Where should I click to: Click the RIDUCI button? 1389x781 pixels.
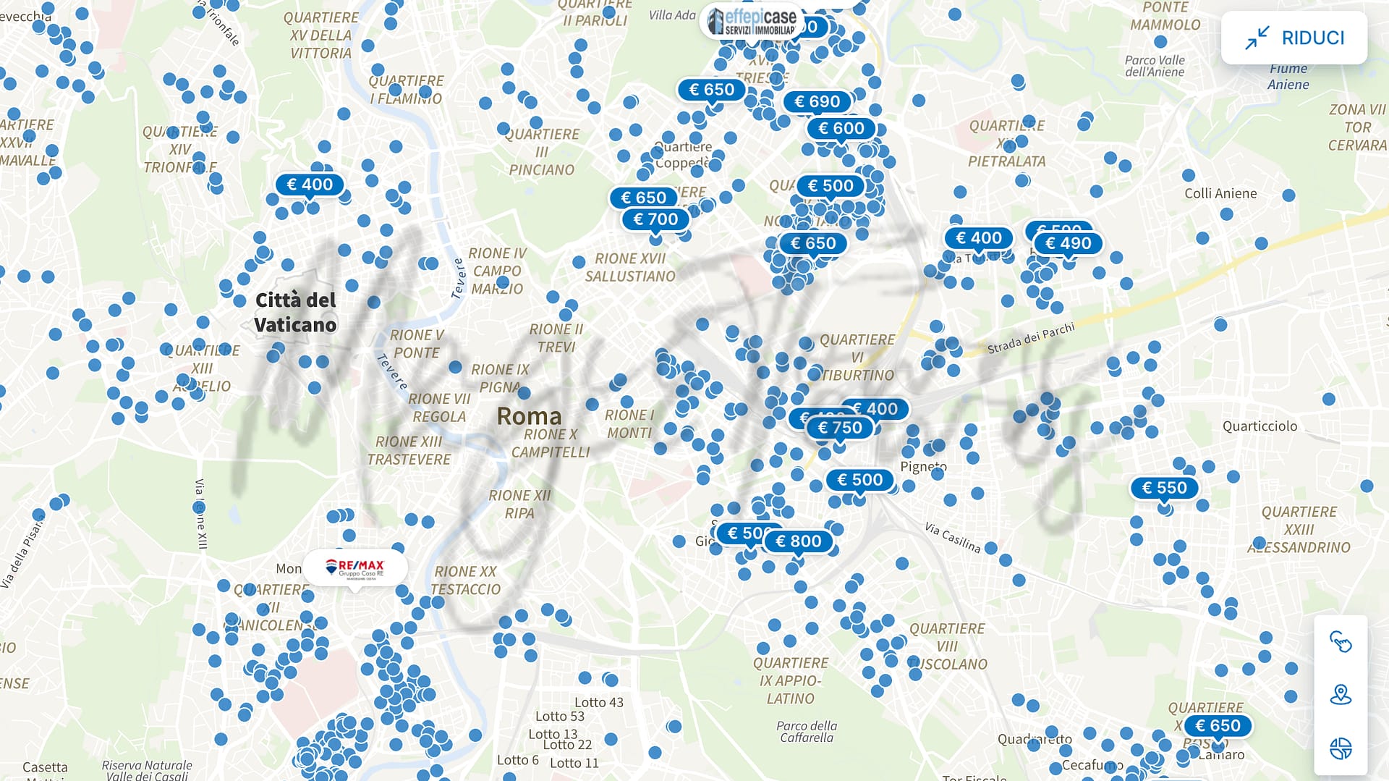point(1294,38)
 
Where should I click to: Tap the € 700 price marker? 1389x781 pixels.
point(655,219)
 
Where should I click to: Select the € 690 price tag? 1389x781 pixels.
point(817,102)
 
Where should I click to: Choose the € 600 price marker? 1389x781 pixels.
point(841,129)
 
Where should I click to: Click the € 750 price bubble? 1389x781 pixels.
point(839,428)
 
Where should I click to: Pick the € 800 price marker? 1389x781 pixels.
point(798,541)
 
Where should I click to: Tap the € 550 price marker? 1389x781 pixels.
point(1164,489)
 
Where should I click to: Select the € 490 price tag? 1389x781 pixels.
point(1068,244)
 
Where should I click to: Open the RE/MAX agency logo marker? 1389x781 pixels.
point(354,567)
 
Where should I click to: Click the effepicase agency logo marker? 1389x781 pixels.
point(752,22)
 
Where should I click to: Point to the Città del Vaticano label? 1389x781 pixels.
point(295,312)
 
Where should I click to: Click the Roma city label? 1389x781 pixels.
point(529,416)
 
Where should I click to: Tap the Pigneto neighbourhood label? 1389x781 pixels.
point(923,467)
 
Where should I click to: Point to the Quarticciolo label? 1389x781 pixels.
point(1260,426)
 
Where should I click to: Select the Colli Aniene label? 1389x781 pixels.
point(1220,193)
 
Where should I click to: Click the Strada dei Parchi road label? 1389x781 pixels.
point(1031,338)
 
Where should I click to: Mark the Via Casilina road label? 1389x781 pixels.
point(952,538)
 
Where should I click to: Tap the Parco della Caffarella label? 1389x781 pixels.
point(807,731)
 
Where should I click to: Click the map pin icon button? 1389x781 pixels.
point(1341,695)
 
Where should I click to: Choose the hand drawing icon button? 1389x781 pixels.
point(1341,642)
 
